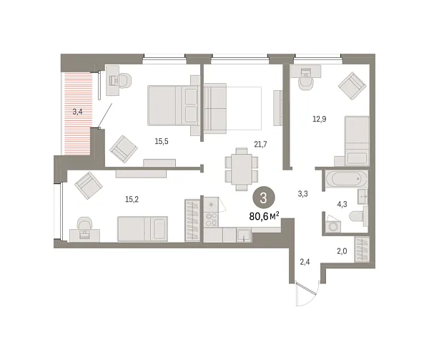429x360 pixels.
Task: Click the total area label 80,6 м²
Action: (264, 216)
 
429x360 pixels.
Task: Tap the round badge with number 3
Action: (263, 198)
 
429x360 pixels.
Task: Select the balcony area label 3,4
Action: (77, 112)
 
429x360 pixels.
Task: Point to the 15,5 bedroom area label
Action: (162, 141)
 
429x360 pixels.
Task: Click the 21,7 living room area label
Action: (260, 144)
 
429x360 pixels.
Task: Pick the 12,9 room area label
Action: (320, 119)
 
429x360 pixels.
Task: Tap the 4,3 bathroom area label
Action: (342, 204)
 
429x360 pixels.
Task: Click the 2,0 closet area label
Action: (342, 251)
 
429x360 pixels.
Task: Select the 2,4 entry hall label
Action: (305, 262)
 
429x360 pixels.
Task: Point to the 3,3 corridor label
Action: (303, 194)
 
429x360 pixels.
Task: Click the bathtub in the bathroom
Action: (347, 179)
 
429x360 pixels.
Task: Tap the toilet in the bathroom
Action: (359, 216)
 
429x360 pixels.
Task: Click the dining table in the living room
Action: (242, 169)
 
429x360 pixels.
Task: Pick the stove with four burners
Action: (211, 219)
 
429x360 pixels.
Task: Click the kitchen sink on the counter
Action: (244, 235)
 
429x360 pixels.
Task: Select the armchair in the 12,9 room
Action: (352, 86)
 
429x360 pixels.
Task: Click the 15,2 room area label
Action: (132, 199)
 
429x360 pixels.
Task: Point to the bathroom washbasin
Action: (363, 197)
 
